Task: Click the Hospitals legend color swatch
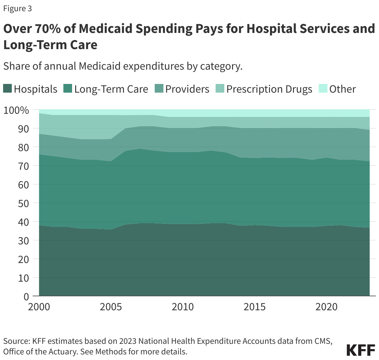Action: pos(8,89)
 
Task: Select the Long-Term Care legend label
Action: pos(111,89)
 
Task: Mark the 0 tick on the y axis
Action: pos(26,297)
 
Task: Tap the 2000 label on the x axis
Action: pos(39,307)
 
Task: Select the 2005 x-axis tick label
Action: pos(111,307)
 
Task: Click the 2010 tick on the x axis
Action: pos(183,307)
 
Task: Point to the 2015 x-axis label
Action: pos(255,307)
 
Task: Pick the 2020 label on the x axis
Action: pos(326,307)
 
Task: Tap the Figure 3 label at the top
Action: pos(17,9)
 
